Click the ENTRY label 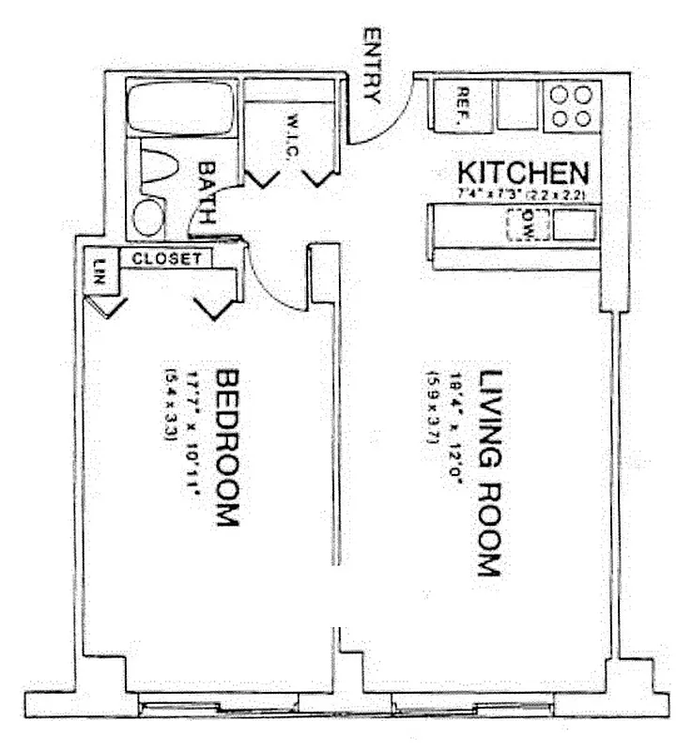[x=372, y=67]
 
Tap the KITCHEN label [x=522, y=174]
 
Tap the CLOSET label [x=166, y=257]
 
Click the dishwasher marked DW [x=526, y=225]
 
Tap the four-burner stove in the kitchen [x=572, y=105]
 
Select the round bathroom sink [x=148, y=217]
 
